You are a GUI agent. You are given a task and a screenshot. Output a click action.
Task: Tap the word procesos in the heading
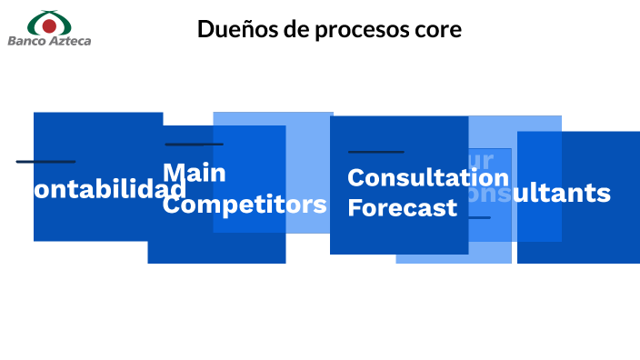click(x=361, y=30)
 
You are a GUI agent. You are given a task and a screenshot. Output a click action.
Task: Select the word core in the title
click(x=438, y=30)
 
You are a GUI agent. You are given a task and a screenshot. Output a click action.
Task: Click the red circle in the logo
click(x=49, y=25)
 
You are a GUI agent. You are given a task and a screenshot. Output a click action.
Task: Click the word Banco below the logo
click(x=26, y=41)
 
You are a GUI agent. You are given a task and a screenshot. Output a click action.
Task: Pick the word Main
click(x=195, y=173)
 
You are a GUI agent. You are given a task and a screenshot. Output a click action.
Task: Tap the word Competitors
click(x=245, y=204)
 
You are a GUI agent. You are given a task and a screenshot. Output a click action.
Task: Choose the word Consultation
click(x=428, y=177)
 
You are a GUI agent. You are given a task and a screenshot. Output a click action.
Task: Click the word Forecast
click(x=402, y=208)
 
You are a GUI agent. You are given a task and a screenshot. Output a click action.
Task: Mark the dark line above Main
click(x=194, y=144)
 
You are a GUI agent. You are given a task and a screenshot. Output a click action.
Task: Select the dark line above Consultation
click(x=375, y=151)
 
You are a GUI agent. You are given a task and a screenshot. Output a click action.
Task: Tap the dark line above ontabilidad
click(x=45, y=162)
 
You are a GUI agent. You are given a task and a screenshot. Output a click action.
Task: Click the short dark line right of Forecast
click(x=479, y=217)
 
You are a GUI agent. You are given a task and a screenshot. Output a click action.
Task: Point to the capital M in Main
click(x=174, y=173)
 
